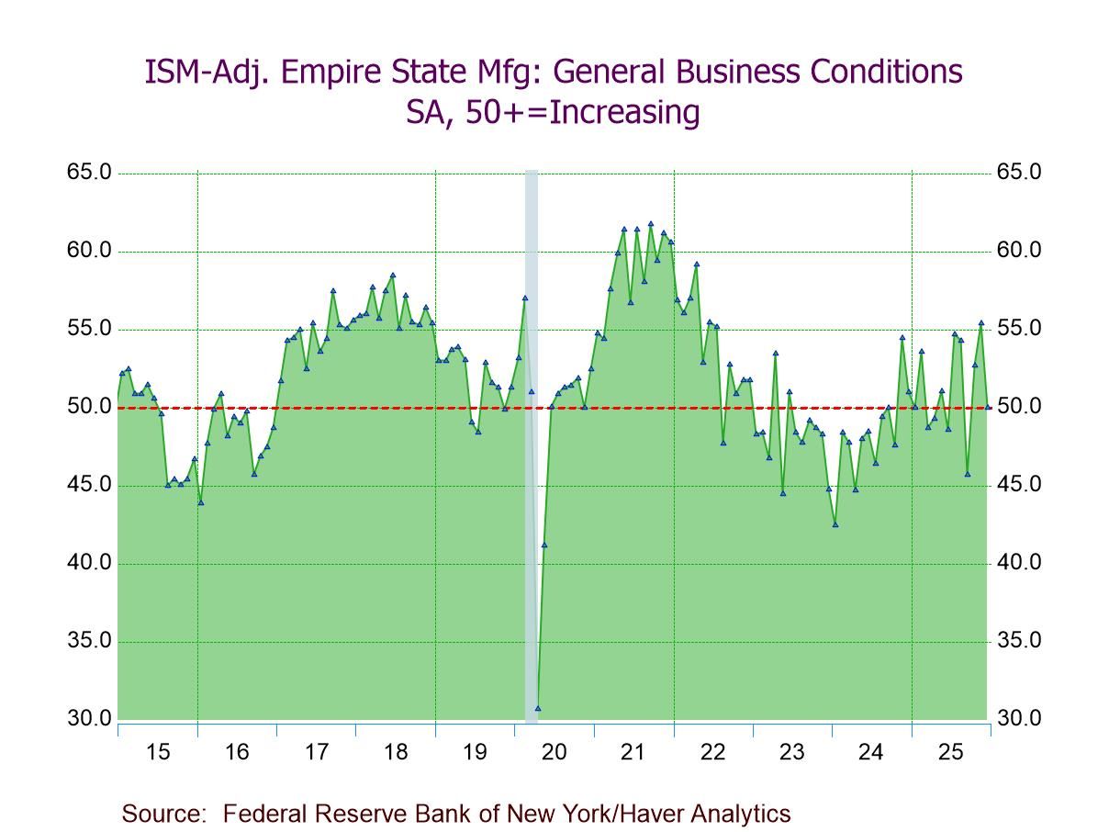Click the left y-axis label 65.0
[x=88, y=173]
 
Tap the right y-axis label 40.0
[x=1019, y=563]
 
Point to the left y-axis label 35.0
[x=88, y=641]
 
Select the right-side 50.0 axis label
[x=1019, y=407]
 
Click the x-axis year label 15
[x=158, y=753]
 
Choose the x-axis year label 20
[x=554, y=753]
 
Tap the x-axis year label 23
[x=791, y=753]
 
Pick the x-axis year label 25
[x=950, y=753]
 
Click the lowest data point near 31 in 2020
[x=538, y=708]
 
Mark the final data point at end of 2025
[x=988, y=407]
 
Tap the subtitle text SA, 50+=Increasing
[x=553, y=112]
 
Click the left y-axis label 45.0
[x=88, y=485]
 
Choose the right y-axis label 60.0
[x=1019, y=251]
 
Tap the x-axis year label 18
[x=396, y=753]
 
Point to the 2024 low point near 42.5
[x=835, y=524]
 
